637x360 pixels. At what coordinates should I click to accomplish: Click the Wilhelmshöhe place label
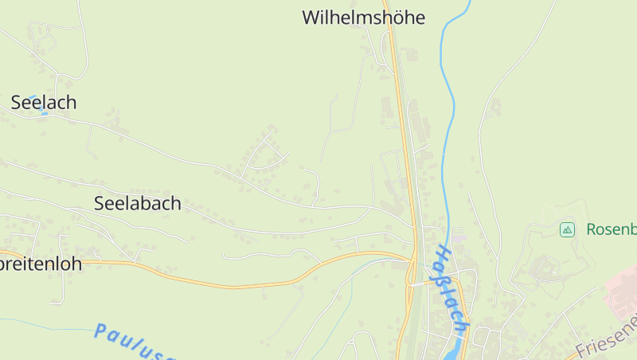363,18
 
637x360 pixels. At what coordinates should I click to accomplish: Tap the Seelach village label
44,102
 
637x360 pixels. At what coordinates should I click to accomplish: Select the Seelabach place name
137,203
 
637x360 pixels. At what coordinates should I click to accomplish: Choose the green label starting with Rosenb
611,229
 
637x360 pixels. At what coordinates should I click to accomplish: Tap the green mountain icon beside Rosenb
567,229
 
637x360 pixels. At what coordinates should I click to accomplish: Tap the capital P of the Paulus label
100,330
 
